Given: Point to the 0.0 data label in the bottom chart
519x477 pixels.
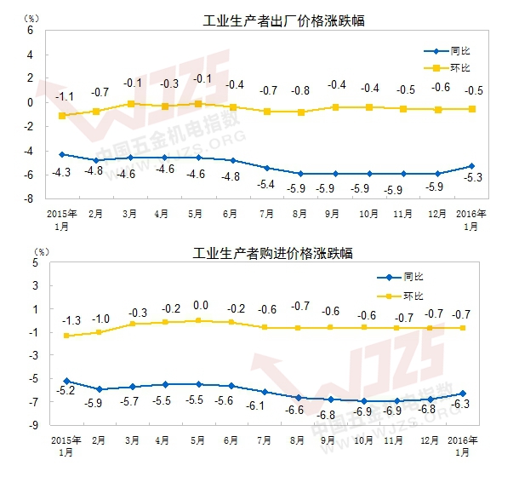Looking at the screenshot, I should click(201, 305).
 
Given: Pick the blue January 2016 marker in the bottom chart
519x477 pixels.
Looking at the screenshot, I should click(462, 394).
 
